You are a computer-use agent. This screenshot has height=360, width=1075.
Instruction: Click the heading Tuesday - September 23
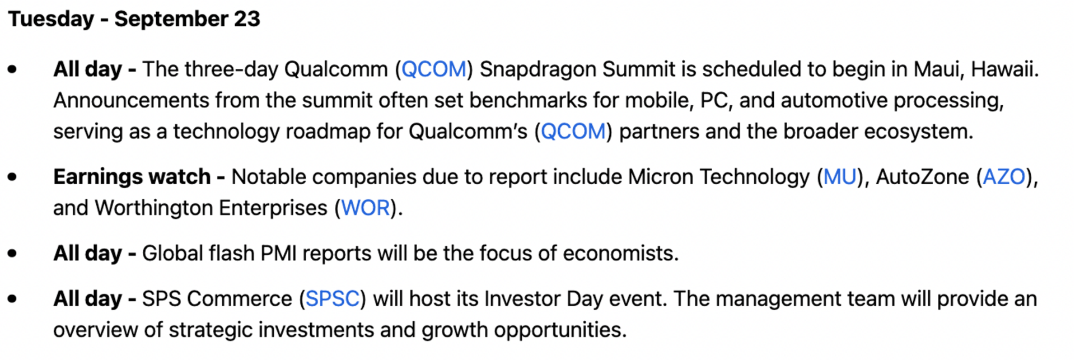[x=134, y=19]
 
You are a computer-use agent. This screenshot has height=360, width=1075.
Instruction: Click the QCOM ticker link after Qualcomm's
[x=573, y=132]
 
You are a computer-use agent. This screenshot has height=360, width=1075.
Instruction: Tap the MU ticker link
[x=839, y=177]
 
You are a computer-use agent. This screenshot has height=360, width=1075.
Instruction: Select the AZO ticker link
[x=1004, y=177]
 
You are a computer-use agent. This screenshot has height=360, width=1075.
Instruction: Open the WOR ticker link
[x=366, y=208]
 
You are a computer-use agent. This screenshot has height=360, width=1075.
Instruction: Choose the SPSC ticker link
[x=332, y=299]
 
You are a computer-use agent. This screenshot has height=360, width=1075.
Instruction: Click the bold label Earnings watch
[x=132, y=177]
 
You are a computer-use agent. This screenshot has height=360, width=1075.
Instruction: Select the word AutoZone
[x=922, y=177]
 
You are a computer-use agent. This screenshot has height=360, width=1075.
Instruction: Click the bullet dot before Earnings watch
[x=12, y=177]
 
